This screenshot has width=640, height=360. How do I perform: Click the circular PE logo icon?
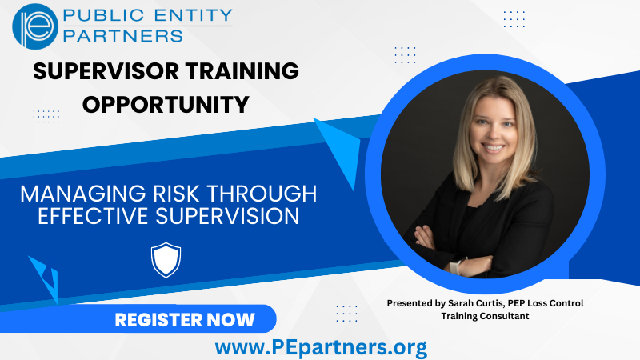35,26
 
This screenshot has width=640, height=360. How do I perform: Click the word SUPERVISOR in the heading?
106,71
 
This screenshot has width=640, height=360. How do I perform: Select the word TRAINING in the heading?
242,71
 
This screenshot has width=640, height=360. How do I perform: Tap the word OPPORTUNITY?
166,105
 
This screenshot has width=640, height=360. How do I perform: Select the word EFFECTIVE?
93,216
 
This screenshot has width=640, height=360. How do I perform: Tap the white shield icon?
166,260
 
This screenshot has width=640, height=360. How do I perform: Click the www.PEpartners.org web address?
322,348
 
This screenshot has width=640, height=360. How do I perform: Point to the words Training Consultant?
485,316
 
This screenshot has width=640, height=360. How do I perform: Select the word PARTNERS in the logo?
123,36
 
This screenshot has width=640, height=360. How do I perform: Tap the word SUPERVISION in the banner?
227,216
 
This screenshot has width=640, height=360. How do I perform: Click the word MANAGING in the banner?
83,194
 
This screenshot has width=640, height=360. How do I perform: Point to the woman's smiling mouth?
493,147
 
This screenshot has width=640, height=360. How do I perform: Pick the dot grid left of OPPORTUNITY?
46,116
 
